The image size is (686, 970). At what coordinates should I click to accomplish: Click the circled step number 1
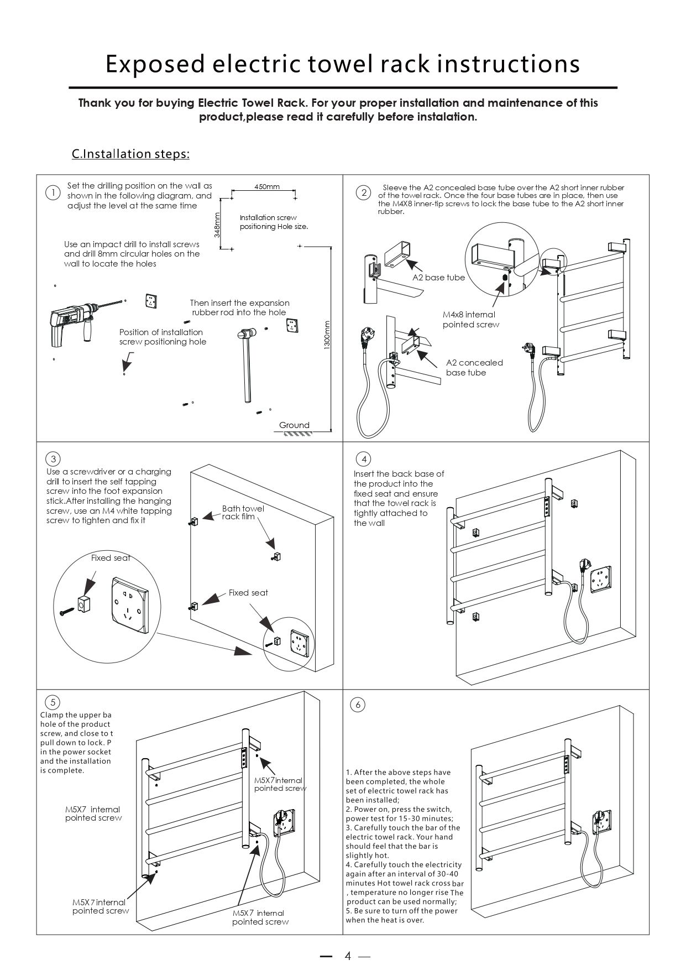(x=53, y=192)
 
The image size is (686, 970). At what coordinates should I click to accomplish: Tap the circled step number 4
(x=364, y=459)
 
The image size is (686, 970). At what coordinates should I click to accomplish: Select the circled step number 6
(x=358, y=705)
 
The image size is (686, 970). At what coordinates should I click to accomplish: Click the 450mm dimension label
(x=267, y=186)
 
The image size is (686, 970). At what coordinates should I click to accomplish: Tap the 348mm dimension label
(x=217, y=224)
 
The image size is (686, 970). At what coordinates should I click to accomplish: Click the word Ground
(x=294, y=425)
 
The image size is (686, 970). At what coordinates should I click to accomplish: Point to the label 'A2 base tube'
(x=439, y=278)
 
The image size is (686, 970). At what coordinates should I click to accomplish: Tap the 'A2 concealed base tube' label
(x=474, y=368)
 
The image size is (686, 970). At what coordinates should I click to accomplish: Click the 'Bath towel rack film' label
(x=243, y=512)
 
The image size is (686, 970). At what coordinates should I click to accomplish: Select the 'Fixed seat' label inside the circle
(x=111, y=558)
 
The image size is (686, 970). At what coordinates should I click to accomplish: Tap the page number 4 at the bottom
(x=348, y=956)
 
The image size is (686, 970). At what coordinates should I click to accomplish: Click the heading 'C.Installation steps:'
(x=130, y=154)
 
